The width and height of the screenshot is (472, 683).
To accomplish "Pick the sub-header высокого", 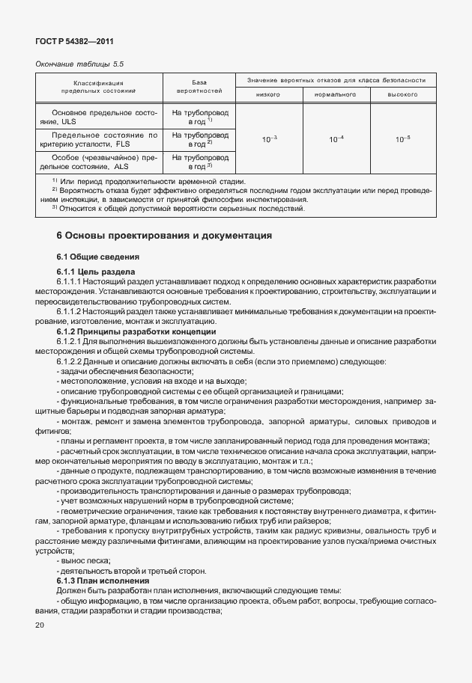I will pyautogui.click(x=402, y=94).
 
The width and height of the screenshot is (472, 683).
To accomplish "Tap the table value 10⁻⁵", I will pyautogui.click(x=402, y=139).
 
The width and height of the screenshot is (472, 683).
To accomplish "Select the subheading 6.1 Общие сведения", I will pyautogui.click(x=92, y=257).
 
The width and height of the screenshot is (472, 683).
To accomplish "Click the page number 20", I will pyautogui.click(x=40, y=625).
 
